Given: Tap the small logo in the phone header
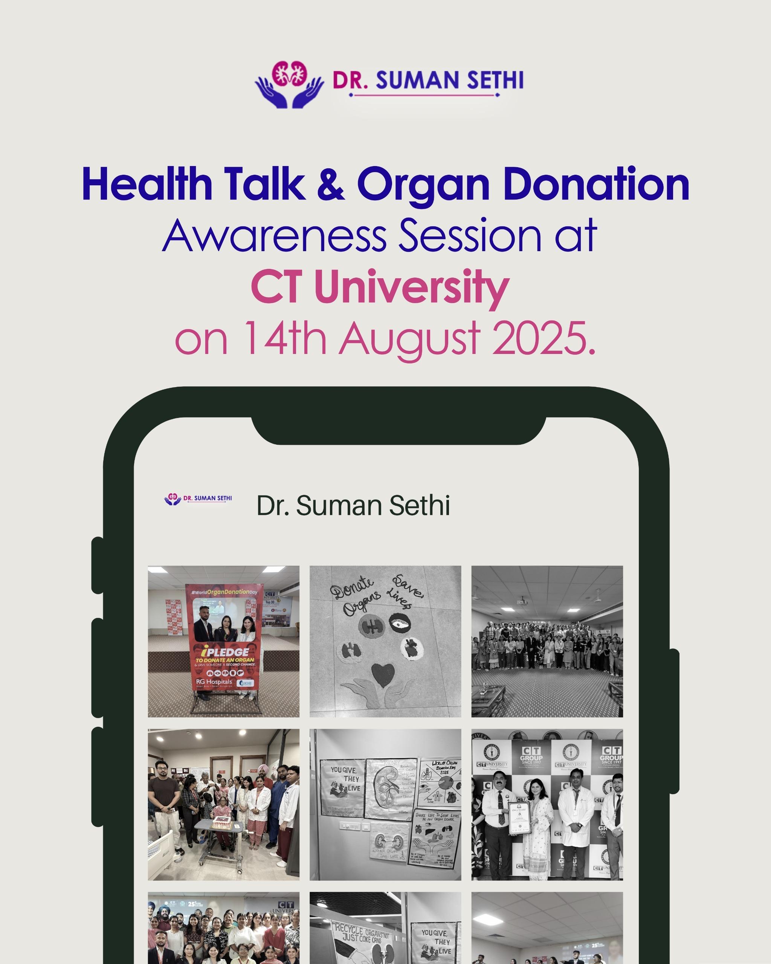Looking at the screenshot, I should (x=198, y=499).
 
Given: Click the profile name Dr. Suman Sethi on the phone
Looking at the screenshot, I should (x=353, y=506).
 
